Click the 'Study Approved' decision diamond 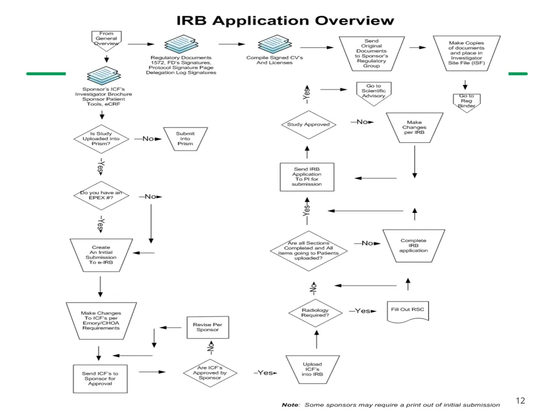(308, 125)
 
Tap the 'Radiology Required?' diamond (315, 313)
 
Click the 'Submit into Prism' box (185, 139)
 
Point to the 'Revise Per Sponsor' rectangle (208, 327)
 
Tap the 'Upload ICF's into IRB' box (312, 370)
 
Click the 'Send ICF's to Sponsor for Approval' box (100, 379)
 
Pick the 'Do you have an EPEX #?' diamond (101, 196)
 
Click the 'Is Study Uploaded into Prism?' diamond (101, 139)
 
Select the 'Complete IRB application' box (413, 246)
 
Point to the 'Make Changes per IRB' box (414, 128)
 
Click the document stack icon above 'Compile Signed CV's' (275, 44)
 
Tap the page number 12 (520, 400)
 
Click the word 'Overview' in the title (354, 21)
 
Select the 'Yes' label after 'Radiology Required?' (362, 311)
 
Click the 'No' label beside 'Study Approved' (362, 122)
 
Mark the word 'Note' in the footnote (290, 405)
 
